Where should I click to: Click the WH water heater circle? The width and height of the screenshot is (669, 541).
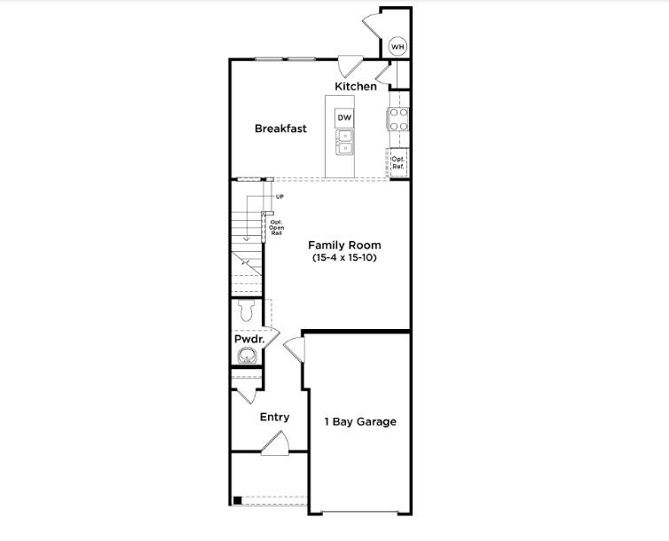coord(397,46)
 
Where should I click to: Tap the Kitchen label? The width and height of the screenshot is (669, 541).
coord(356,87)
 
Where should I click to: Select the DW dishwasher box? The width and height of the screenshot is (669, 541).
coord(344,118)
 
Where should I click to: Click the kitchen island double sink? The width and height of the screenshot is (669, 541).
coord(344,142)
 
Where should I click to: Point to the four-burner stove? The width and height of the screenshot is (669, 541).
coord(397,119)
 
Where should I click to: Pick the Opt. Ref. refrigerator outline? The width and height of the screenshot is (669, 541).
coord(398,163)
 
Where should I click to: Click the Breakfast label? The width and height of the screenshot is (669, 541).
coord(280,129)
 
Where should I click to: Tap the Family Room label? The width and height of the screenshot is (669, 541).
coord(344,245)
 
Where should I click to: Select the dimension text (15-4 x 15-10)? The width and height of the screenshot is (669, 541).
coord(344,258)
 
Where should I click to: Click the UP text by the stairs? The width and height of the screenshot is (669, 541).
coord(279,196)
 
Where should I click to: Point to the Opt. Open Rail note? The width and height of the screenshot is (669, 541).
coord(276,228)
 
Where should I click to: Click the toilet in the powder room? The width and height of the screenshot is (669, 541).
coord(248,310)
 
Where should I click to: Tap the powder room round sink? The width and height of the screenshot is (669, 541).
coord(247,357)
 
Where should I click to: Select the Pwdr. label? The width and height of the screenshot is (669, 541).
coord(249,339)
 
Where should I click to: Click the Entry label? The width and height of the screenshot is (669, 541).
coord(274,417)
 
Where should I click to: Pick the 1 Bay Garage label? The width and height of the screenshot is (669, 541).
coord(359,422)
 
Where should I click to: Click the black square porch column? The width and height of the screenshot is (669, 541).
coord(237,500)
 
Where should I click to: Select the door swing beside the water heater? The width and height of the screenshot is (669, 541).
coord(371,25)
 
